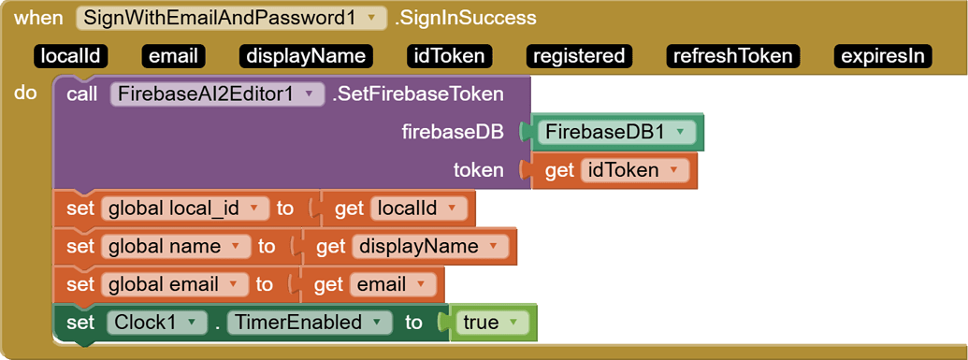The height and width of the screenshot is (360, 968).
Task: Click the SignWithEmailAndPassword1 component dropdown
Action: [x=230, y=18]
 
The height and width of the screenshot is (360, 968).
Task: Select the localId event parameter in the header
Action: [x=70, y=56]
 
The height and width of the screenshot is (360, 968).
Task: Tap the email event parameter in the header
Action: [x=174, y=56]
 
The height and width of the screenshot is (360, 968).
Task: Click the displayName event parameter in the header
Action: [x=305, y=56]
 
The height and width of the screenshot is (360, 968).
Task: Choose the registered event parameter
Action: [x=578, y=56]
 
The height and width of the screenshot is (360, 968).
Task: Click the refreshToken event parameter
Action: [x=734, y=56]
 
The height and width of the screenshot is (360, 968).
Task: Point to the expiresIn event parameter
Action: [x=883, y=56]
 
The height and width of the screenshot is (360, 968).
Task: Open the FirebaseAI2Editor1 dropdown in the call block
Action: [x=217, y=94]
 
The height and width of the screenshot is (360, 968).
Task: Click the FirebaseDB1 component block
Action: [x=616, y=133]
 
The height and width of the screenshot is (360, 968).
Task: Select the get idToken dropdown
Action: [x=634, y=170]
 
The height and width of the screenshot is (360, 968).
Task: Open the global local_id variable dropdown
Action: [x=184, y=209]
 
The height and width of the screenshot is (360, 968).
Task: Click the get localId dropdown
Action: [x=418, y=209]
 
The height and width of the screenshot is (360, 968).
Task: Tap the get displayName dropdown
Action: [x=429, y=247]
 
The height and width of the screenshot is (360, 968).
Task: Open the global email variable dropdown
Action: [x=175, y=284]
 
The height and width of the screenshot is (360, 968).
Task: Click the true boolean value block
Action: [x=491, y=323]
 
